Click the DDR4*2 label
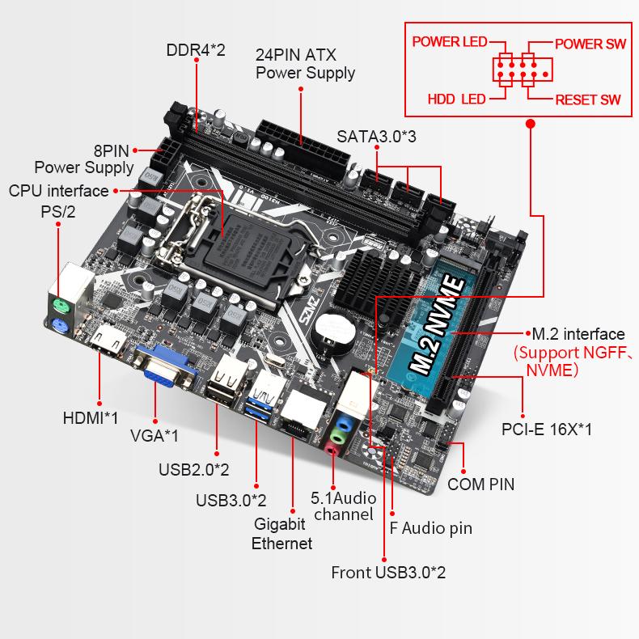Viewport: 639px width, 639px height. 196,50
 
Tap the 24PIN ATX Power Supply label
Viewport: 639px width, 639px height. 305,64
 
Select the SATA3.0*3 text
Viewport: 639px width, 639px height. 376,136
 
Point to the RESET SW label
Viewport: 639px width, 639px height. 588,100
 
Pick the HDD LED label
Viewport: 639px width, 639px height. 456,99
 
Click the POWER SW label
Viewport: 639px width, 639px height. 590,44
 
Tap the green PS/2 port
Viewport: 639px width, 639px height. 61,307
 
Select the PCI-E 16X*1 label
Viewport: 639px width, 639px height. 546,429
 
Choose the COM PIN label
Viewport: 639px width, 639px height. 480,485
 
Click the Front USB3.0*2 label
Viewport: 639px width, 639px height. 388,573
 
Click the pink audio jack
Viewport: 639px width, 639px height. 332,446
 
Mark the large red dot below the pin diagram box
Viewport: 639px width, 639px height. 531,124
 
